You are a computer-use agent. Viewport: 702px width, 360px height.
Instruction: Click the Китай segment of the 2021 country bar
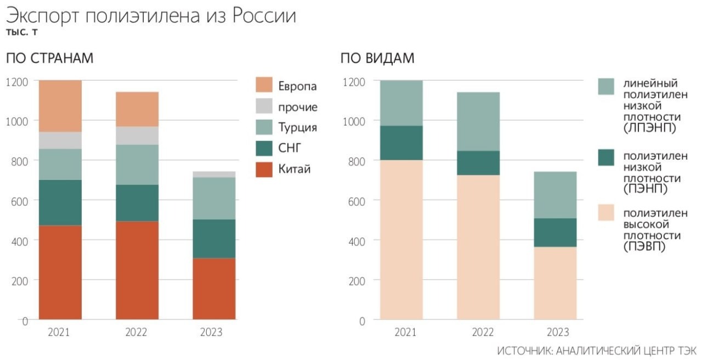click(60, 272)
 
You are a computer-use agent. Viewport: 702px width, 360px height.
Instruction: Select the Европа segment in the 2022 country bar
click(137, 109)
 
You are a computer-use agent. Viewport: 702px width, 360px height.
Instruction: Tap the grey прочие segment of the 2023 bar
click(214, 175)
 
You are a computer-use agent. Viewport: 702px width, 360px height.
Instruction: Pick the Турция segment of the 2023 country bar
click(214, 198)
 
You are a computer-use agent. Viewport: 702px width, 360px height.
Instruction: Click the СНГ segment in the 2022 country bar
click(137, 203)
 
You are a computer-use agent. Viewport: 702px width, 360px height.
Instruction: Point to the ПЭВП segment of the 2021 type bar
click(401, 239)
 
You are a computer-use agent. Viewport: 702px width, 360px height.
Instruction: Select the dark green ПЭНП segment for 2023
click(556, 233)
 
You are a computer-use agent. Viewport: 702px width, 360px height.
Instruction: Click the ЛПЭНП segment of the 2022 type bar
click(478, 121)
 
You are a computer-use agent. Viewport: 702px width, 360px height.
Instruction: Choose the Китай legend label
click(294, 169)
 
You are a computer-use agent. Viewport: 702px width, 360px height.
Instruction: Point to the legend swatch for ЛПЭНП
click(606, 87)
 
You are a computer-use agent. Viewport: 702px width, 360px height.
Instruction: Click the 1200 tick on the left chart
click(17, 81)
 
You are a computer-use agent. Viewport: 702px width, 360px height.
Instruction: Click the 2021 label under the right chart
click(405, 333)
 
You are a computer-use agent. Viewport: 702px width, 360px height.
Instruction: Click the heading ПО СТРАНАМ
click(50, 58)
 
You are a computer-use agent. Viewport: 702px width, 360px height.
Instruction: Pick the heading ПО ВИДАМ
click(377, 58)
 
